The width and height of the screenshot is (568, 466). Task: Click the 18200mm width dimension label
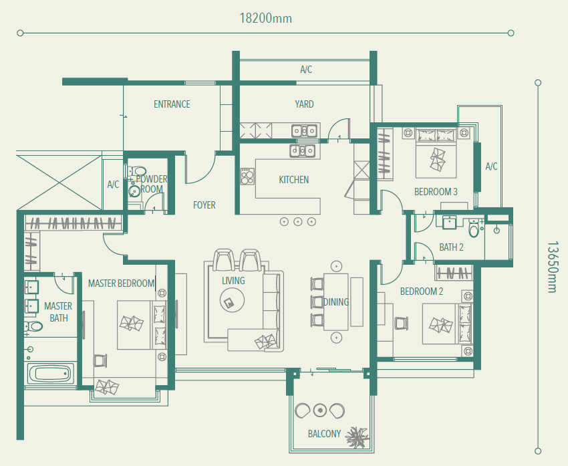pyautogui.click(x=265, y=18)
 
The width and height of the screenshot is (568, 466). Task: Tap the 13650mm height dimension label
pyautogui.click(x=553, y=267)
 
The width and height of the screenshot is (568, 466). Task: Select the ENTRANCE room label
pyautogui.click(x=172, y=104)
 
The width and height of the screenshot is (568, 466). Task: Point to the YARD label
pyautogui.click(x=304, y=104)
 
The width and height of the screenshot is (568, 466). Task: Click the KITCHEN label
pyautogui.click(x=294, y=180)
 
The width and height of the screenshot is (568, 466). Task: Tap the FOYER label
pyautogui.click(x=204, y=205)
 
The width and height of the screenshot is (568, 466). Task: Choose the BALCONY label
pyautogui.click(x=324, y=434)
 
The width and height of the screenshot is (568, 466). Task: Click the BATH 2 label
pyautogui.click(x=451, y=247)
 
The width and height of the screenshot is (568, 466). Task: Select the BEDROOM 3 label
pyautogui.click(x=436, y=192)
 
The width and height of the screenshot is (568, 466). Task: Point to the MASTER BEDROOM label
pyautogui.click(x=122, y=283)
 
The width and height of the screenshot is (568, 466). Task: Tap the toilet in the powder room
pyautogui.click(x=137, y=170)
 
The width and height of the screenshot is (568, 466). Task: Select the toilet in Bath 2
pyautogui.click(x=474, y=228)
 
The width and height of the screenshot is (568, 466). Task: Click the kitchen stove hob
pyautogui.click(x=248, y=177)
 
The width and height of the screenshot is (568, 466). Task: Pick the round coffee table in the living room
pyautogui.click(x=232, y=300)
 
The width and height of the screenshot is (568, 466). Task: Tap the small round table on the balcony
pyautogui.click(x=320, y=411)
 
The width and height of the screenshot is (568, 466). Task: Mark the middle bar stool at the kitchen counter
pyautogui.click(x=298, y=221)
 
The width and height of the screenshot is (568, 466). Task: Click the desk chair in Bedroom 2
pyautogui.click(x=401, y=323)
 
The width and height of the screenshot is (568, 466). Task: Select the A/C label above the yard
pyautogui.click(x=306, y=70)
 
